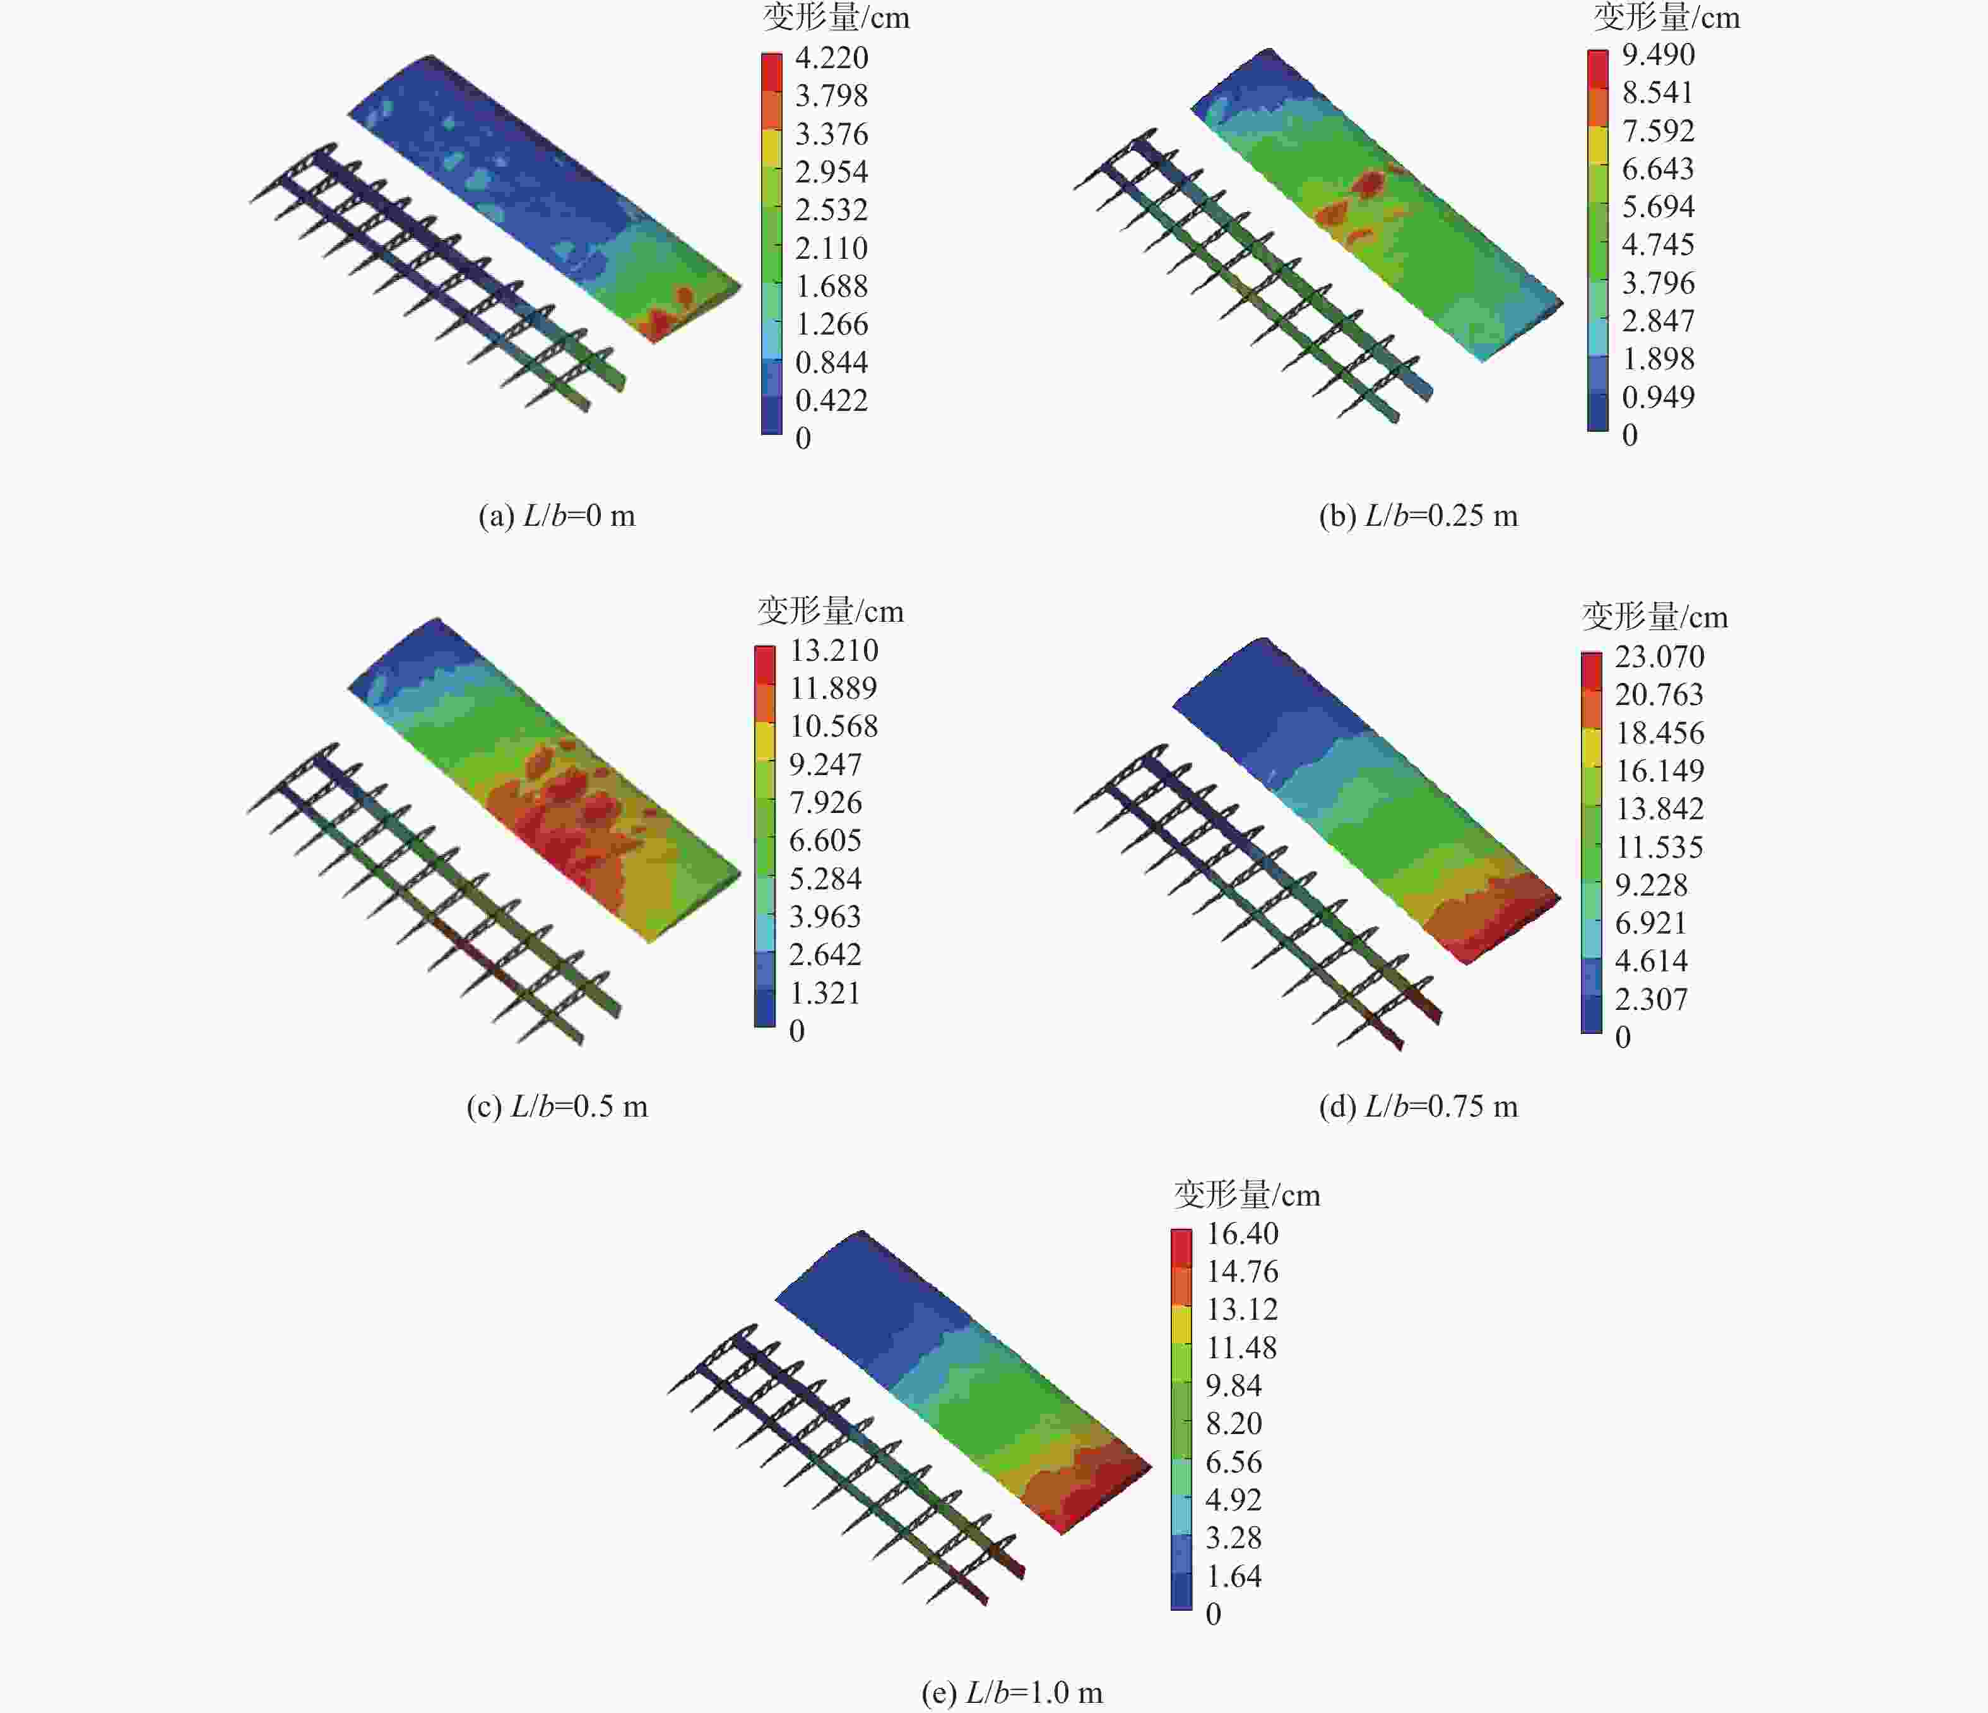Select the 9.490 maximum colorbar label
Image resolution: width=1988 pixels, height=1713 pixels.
1658,55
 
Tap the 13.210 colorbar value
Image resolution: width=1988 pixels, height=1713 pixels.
833,651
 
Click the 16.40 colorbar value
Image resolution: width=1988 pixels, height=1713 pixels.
1241,1233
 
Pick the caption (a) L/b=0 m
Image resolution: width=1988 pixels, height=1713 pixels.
557,516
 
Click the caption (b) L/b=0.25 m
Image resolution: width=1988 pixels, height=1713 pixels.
1418,516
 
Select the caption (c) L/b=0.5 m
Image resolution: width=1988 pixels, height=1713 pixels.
557,1106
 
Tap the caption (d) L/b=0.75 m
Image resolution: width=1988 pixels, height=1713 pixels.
1418,1106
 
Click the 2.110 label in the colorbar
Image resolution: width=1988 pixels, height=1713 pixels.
831,249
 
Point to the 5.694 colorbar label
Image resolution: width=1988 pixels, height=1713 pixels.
1658,206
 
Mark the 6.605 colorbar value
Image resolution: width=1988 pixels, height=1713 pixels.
825,841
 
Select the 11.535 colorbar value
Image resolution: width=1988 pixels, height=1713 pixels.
1659,848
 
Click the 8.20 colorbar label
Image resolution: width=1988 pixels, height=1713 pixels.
1234,1423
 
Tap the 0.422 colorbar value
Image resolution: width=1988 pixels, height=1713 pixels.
831,400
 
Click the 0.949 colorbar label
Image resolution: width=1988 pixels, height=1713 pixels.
1658,396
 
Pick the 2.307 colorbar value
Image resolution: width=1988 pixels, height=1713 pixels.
1650,999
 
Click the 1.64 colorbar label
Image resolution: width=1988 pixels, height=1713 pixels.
1234,1576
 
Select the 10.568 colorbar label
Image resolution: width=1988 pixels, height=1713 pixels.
833,726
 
